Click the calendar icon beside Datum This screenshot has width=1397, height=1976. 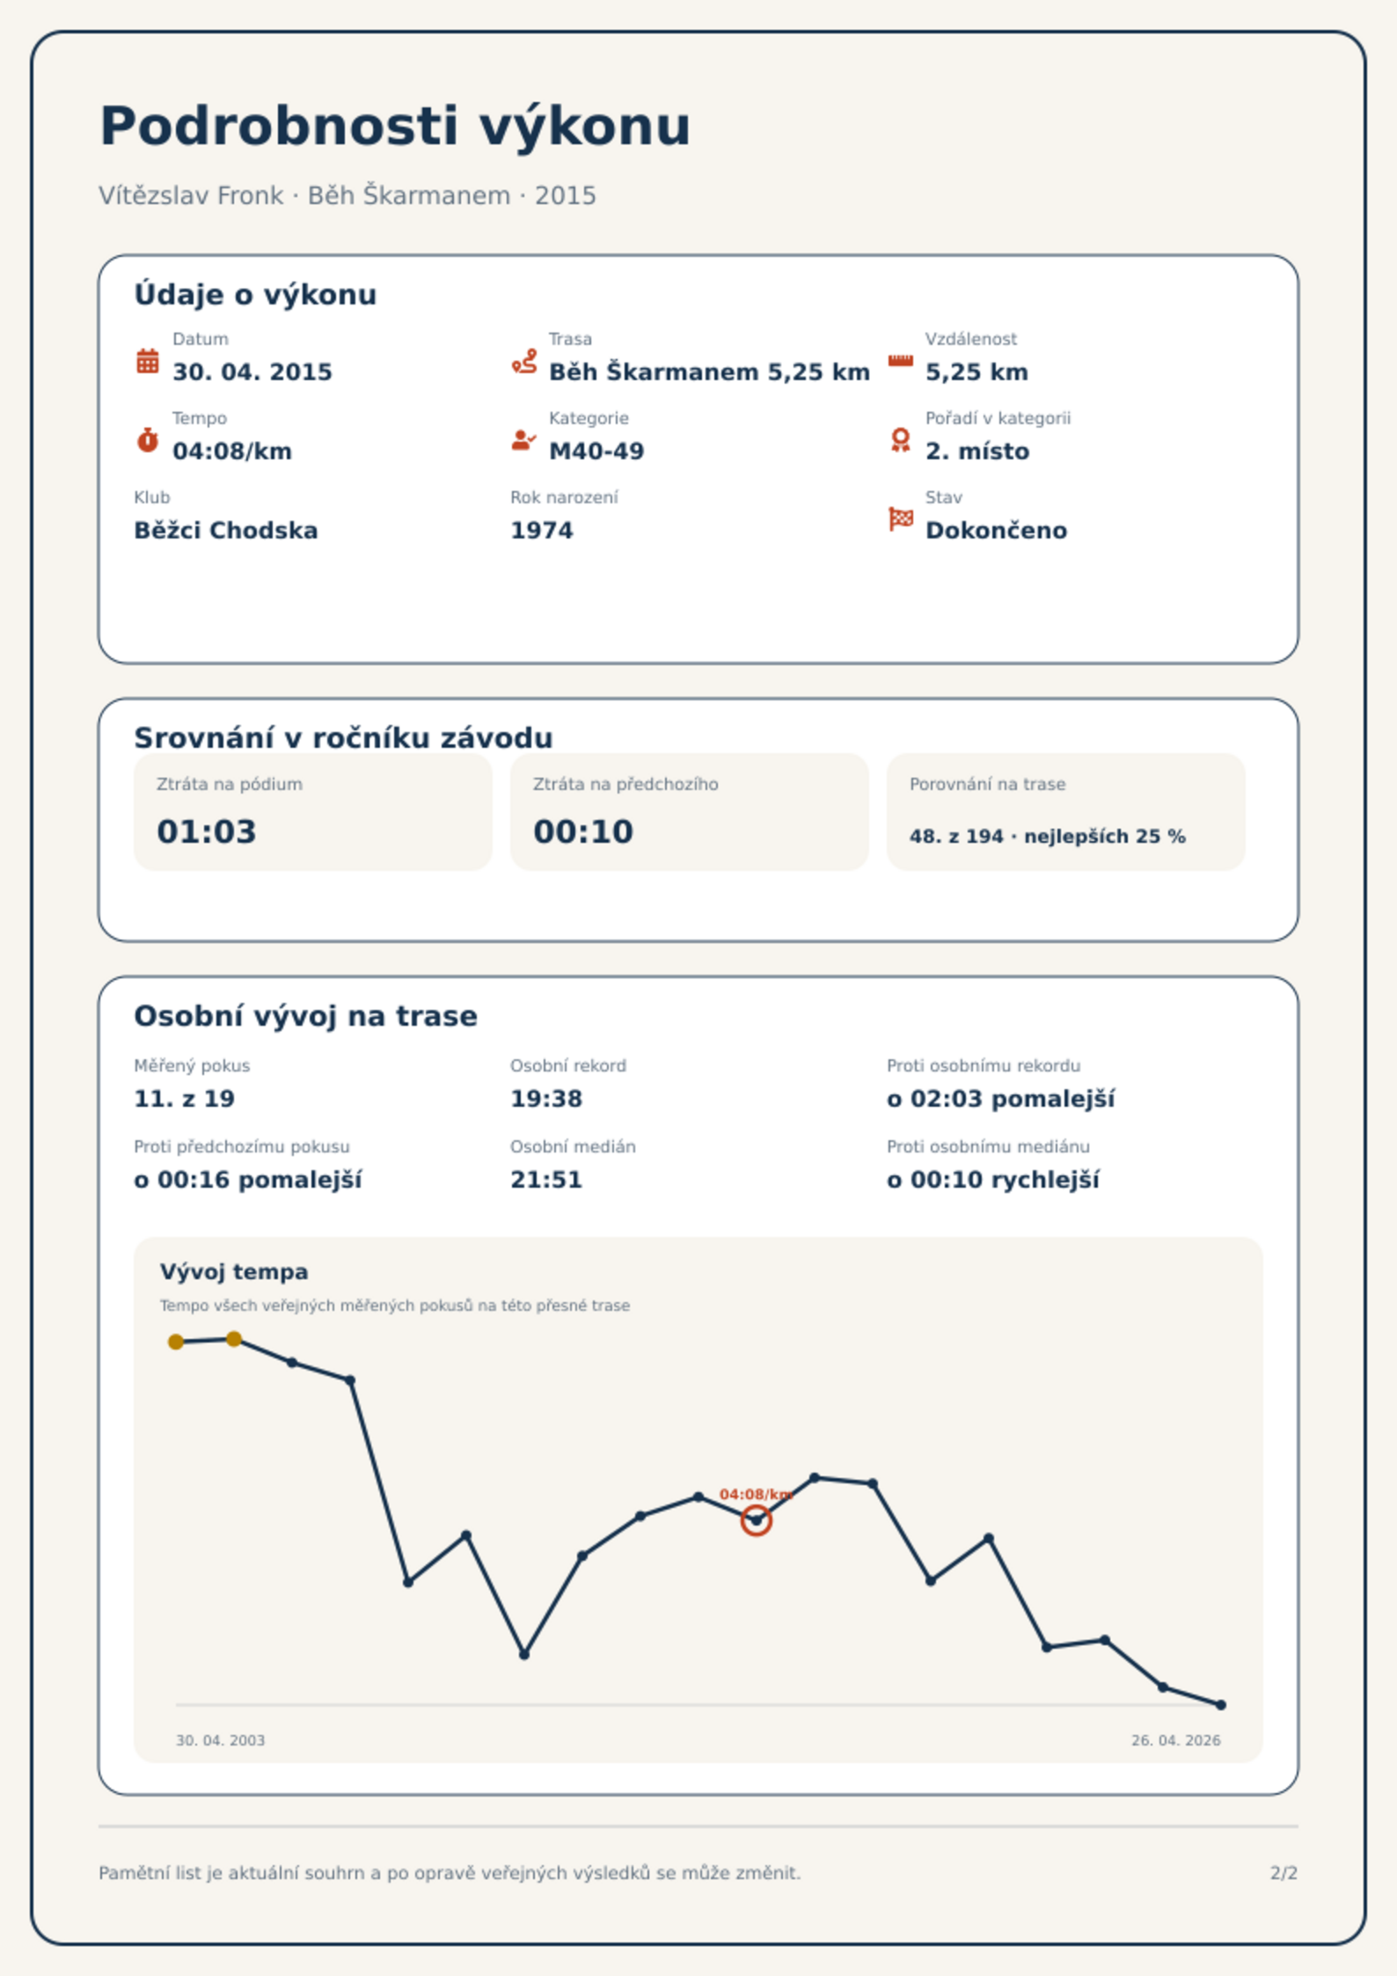pos(148,361)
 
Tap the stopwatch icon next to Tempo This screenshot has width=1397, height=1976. pos(148,440)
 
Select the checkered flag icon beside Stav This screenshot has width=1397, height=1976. pos(901,519)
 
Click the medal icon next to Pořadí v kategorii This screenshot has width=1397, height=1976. pos(900,440)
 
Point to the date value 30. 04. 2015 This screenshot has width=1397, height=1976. pos(252,372)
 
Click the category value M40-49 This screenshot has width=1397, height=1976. pos(596,451)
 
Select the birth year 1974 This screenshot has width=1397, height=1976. pos(542,531)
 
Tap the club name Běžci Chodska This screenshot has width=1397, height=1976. pos(226,531)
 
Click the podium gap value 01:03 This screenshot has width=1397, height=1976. pos(207,831)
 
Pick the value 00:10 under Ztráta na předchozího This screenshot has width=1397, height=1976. pos(583,831)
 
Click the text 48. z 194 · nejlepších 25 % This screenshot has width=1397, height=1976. pos(1048,837)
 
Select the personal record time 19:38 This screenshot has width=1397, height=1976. pos(546,1099)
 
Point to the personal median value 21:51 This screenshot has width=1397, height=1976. pos(546,1180)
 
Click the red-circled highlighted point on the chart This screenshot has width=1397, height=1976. pos(756,1520)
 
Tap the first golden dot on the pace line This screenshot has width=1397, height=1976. pos(176,1342)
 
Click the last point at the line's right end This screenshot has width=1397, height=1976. pos(1221,1705)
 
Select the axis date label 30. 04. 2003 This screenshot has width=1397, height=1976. pos(220,1740)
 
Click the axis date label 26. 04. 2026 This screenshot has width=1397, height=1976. pos(1176,1740)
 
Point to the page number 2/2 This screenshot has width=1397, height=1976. pos(1284,1873)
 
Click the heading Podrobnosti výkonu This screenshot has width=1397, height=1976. pos(395,126)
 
